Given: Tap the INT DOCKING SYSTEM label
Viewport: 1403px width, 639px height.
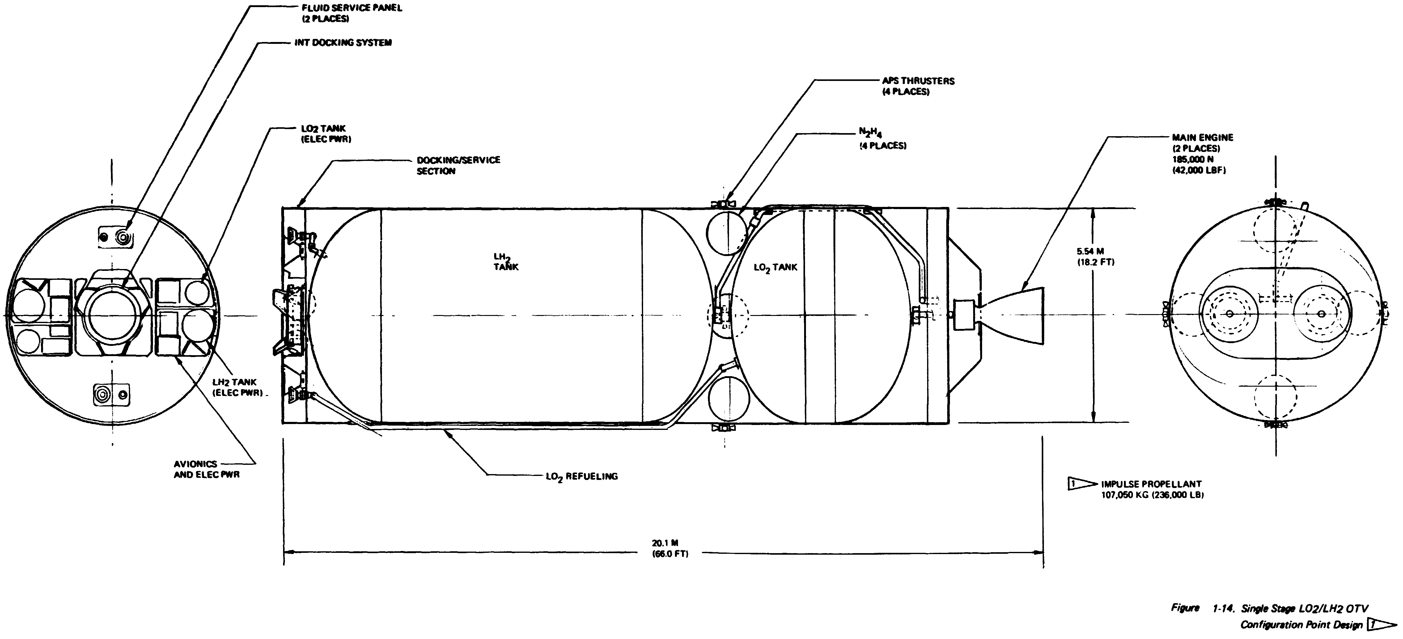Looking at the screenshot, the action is pyautogui.click(x=343, y=42).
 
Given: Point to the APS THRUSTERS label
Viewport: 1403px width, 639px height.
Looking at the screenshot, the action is pyautogui.click(x=918, y=86).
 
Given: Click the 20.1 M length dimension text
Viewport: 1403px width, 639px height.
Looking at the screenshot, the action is pyautogui.click(x=670, y=549).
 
